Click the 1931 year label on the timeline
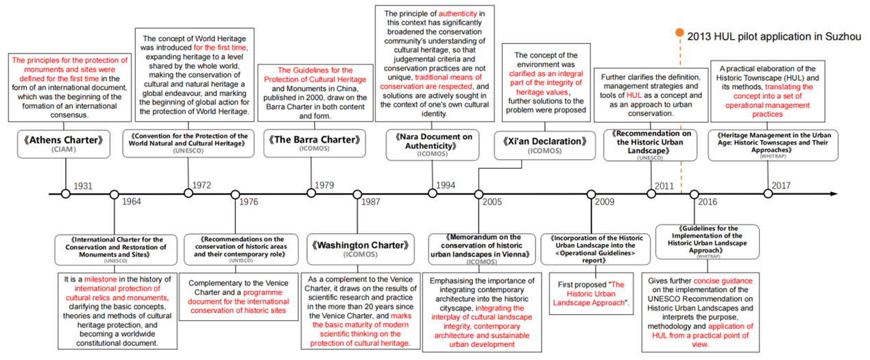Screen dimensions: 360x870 tap(83, 186)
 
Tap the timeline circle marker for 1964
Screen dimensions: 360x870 tap(114, 194)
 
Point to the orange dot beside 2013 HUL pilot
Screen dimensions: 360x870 tap(679, 32)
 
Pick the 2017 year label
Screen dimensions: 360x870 tap(781, 186)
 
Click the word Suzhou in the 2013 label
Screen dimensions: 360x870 tap(843, 36)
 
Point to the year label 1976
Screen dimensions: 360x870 tap(248, 202)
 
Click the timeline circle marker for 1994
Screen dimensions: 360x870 tap(433, 194)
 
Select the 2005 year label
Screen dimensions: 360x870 tap(492, 202)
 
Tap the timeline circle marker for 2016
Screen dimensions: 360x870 tap(694, 194)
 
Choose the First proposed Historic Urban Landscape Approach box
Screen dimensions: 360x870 tap(590, 293)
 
